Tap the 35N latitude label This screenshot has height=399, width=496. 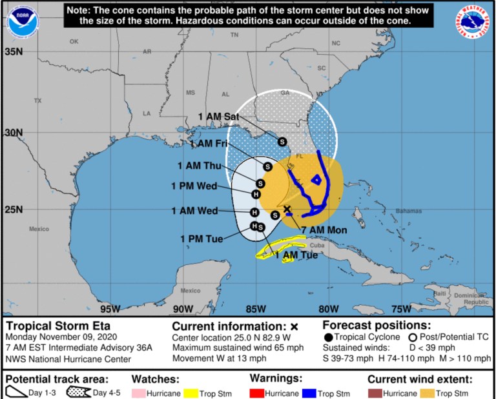coord(14,51)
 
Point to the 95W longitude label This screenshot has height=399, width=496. coord(110,307)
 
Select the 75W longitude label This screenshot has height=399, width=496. coord(401,307)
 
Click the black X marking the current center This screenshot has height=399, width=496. coord(287,209)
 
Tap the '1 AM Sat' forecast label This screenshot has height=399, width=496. coord(219,116)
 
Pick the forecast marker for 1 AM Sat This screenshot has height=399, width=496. coord(282,141)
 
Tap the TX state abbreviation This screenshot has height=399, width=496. coord(37,101)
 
